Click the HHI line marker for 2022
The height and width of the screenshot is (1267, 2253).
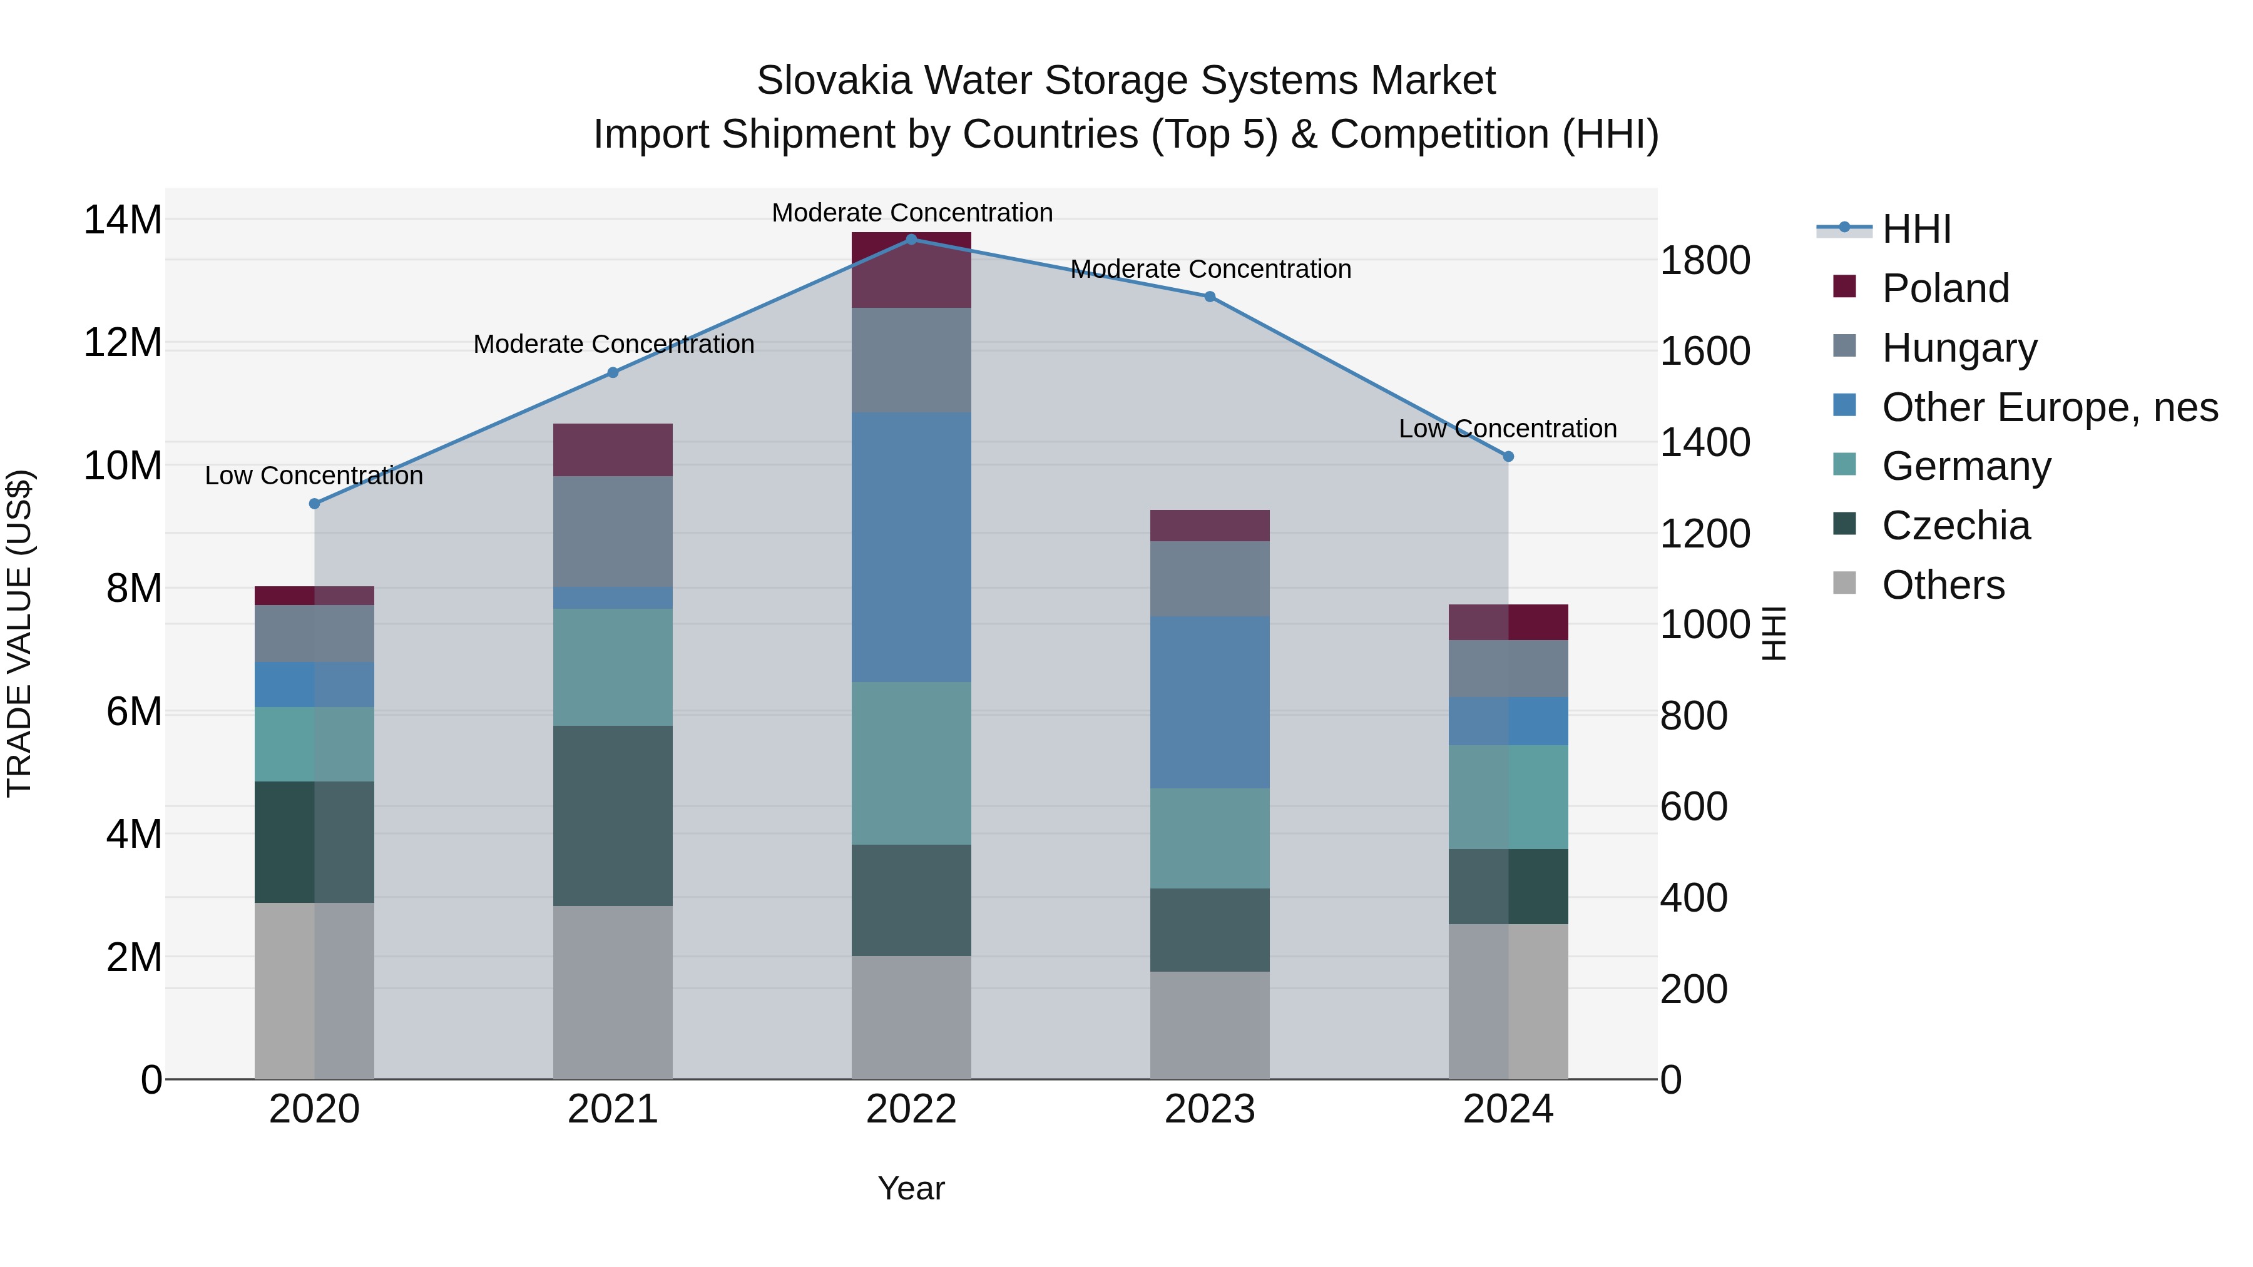pyautogui.click(x=911, y=240)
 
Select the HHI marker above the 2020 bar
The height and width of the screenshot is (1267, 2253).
pyautogui.click(x=315, y=504)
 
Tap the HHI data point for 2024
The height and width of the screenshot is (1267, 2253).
pyautogui.click(x=1508, y=457)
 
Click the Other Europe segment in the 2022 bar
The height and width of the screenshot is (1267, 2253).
pyautogui.click(x=911, y=547)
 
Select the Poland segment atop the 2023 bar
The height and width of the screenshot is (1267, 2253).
pyautogui.click(x=1210, y=526)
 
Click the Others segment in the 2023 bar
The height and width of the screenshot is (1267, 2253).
pyautogui.click(x=1210, y=1025)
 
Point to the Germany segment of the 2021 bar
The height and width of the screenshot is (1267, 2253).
pyautogui.click(x=613, y=667)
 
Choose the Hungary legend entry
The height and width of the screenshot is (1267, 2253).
pyautogui.click(x=1959, y=348)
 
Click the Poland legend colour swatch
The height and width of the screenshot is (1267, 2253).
pyautogui.click(x=1844, y=287)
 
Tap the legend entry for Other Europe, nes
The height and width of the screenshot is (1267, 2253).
pyautogui.click(x=2049, y=407)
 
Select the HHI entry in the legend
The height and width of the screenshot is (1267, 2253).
pyautogui.click(x=1916, y=229)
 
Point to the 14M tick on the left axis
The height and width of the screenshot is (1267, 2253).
pyautogui.click(x=123, y=220)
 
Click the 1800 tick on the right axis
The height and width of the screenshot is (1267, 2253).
pyautogui.click(x=1705, y=260)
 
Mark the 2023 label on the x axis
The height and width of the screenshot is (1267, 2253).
pyautogui.click(x=1210, y=1109)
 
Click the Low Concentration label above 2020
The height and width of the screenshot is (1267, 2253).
pyautogui.click(x=314, y=476)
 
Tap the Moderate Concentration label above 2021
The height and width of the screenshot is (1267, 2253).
pyautogui.click(x=613, y=345)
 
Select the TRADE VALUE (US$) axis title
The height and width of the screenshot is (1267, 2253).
pyautogui.click(x=19, y=633)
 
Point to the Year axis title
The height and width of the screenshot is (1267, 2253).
pyautogui.click(x=911, y=1188)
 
